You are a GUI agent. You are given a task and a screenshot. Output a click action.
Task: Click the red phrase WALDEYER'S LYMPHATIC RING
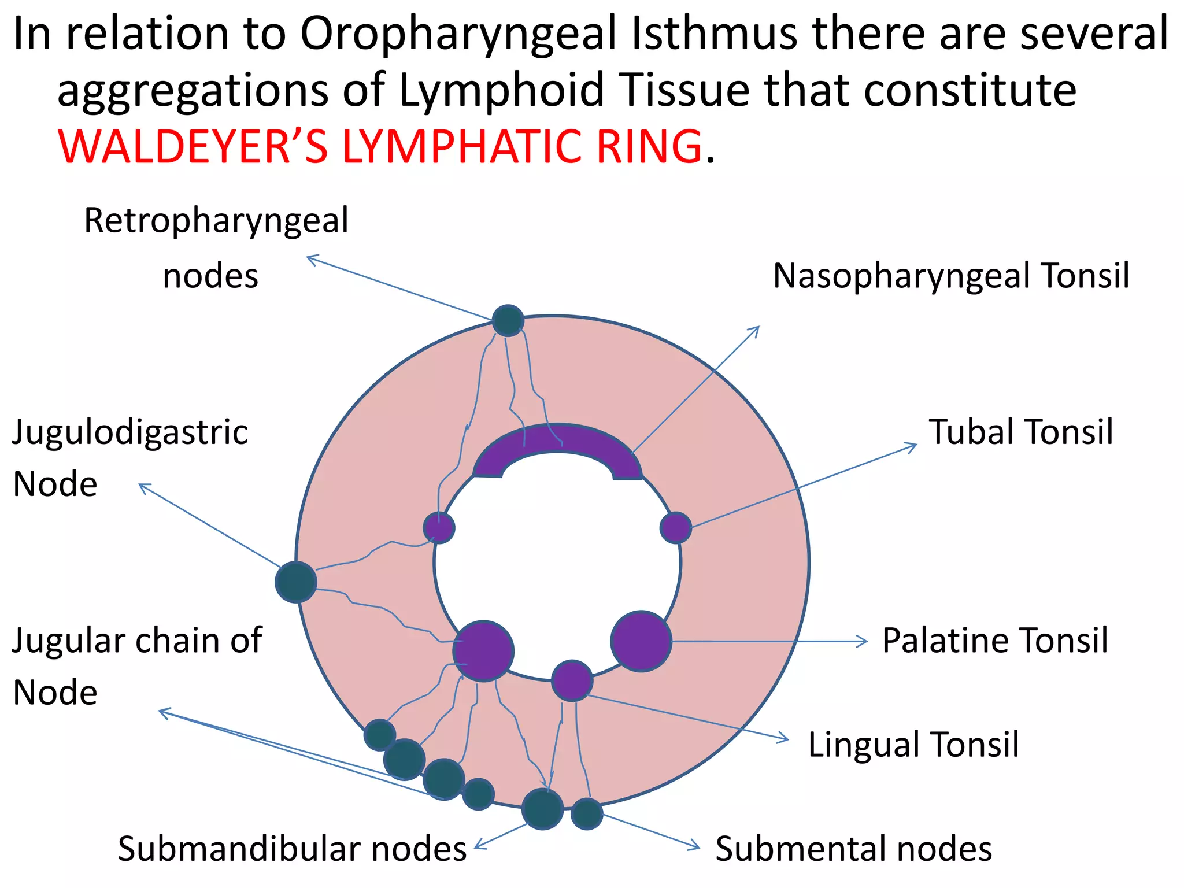[380, 147]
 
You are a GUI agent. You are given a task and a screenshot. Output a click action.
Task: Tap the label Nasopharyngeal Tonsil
[951, 276]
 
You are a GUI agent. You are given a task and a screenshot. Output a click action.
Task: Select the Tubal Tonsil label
[1020, 432]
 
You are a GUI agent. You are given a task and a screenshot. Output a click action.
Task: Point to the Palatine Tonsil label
[995, 641]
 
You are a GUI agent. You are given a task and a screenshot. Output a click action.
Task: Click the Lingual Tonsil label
[913, 745]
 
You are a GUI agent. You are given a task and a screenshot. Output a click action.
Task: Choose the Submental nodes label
[853, 849]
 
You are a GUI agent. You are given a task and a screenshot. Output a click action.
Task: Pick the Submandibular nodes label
[292, 849]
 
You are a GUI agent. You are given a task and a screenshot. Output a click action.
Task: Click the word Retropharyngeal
[216, 221]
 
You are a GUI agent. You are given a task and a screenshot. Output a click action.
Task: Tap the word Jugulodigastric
[130, 432]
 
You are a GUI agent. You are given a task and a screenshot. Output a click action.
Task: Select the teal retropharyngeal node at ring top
[508, 321]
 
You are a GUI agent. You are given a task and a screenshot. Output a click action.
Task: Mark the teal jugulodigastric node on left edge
[296, 582]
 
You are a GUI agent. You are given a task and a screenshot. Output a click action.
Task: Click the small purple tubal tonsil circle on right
[675, 527]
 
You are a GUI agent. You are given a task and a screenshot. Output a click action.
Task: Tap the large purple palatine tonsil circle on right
[641, 641]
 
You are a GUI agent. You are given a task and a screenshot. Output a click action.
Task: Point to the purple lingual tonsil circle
[572, 680]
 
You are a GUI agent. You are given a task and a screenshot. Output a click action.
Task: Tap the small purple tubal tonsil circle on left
[439, 527]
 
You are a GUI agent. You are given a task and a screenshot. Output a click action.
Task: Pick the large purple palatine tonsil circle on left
[483, 651]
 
